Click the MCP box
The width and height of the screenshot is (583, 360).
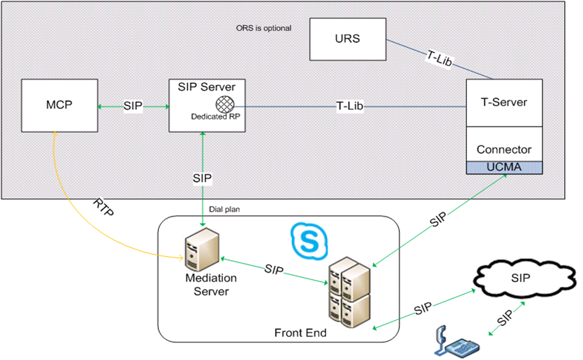tap(60, 106)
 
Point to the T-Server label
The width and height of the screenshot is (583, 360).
tap(504, 103)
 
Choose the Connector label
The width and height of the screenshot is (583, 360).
tap(504, 150)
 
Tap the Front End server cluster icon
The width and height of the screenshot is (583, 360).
tap(349, 290)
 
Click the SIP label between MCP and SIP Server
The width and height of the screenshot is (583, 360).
tap(134, 106)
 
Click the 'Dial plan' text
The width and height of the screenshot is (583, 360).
tap(224, 209)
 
